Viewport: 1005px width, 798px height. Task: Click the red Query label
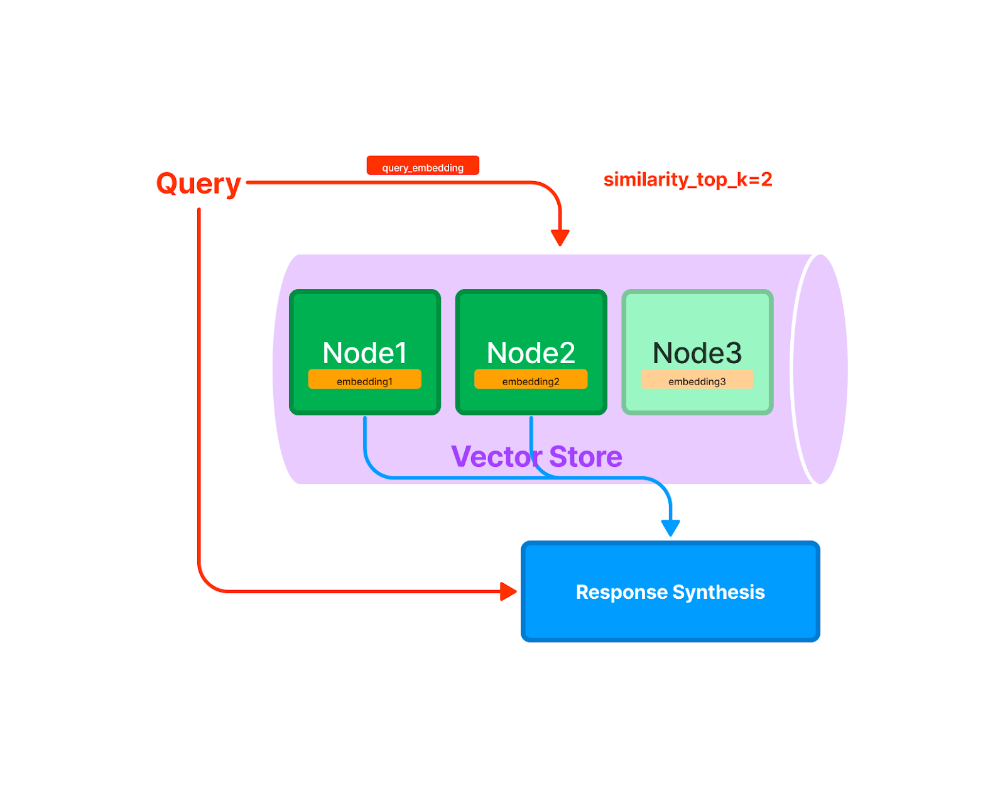click(198, 183)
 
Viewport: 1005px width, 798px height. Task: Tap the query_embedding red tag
click(423, 167)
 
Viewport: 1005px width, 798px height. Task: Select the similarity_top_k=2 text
click(687, 180)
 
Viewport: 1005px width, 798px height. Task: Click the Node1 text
click(364, 353)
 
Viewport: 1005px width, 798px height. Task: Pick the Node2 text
click(531, 353)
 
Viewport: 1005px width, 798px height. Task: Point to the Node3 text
click(697, 353)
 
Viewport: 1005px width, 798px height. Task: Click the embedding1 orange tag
click(364, 381)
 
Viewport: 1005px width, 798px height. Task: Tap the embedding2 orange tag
click(531, 381)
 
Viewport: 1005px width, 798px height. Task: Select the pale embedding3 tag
click(697, 381)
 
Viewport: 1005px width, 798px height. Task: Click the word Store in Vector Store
click(585, 457)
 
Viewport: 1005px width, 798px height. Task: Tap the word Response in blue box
click(621, 592)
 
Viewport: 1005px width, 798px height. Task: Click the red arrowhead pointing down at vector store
click(560, 238)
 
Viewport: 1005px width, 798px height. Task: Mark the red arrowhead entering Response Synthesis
click(508, 591)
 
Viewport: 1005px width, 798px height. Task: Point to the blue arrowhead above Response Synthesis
click(670, 528)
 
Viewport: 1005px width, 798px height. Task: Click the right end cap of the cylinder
click(820, 369)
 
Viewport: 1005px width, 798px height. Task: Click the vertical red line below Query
click(199, 377)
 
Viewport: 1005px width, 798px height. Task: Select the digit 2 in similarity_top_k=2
click(766, 180)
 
